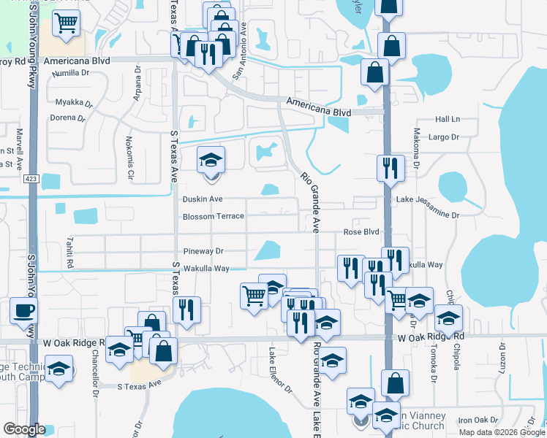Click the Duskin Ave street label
click(203, 199)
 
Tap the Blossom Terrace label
click(213, 217)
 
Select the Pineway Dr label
click(203, 251)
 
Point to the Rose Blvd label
click(361, 232)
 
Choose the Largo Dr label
click(444, 137)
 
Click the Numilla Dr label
click(70, 73)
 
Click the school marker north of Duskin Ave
click(211, 160)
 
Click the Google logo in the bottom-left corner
click(24, 429)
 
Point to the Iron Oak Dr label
click(478, 420)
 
